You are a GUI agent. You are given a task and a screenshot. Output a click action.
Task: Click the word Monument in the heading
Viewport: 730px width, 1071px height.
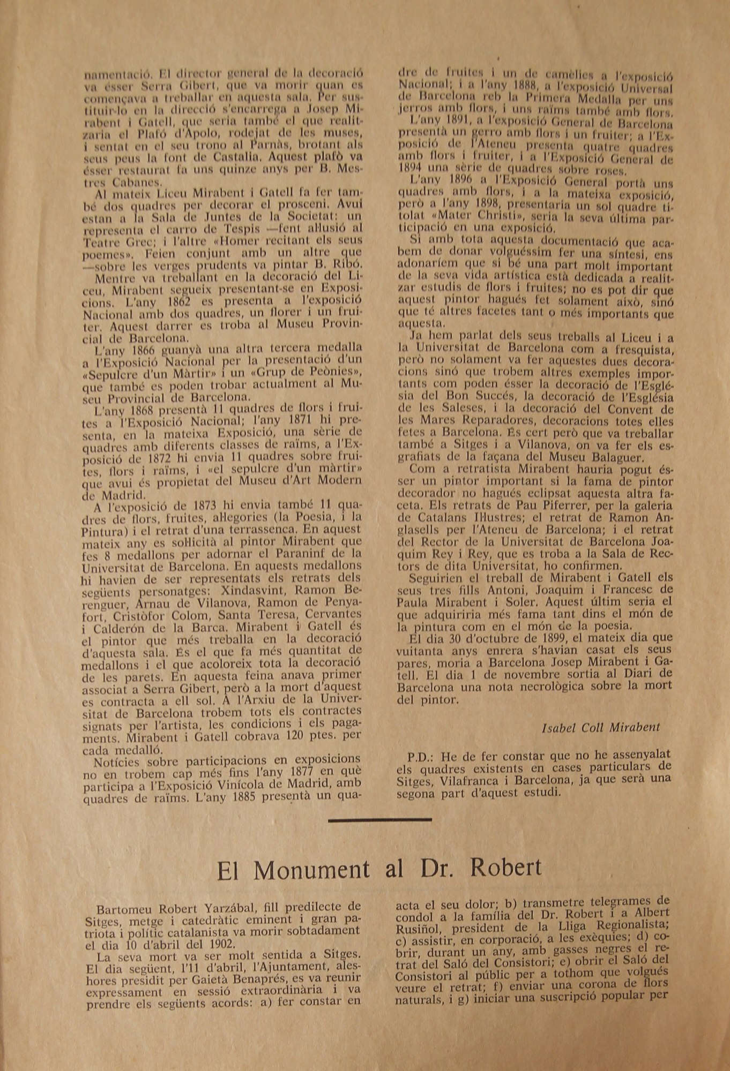311,869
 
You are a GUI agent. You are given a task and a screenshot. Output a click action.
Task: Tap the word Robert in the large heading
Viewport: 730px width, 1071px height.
506,868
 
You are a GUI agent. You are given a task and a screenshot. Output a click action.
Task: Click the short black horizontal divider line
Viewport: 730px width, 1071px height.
379,819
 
